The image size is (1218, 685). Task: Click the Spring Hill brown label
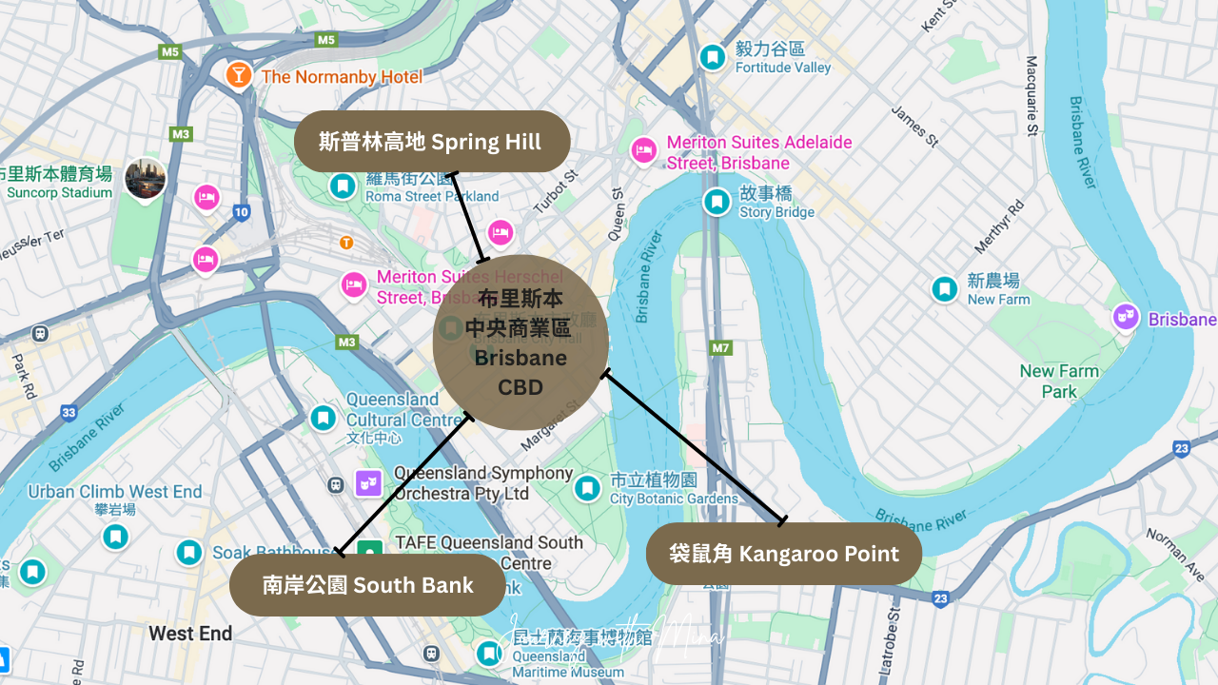click(x=431, y=142)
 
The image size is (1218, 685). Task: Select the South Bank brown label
click(x=367, y=585)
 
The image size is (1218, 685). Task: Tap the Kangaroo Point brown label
click(x=784, y=554)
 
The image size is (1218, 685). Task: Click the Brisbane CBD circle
click(x=521, y=342)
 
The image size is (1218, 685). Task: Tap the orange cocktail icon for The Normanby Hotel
click(x=239, y=74)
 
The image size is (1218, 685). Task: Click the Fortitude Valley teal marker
click(x=712, y=58)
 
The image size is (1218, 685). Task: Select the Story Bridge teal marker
click(x=717, y=202)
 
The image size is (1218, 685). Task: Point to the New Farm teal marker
click(x=944, y=289)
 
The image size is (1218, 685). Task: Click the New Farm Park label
click(x=1058, y=381)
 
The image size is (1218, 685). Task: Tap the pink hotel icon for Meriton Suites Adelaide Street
click(x=644, y=150)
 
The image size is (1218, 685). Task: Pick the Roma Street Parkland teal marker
click(x=343, y=186)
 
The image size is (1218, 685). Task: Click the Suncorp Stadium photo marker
click(x=145, y=179)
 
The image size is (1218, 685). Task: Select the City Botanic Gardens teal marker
click(x=587, y=489)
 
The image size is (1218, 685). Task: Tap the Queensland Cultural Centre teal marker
click(x=324, y=418)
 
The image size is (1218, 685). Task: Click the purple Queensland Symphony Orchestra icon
click(x=367, y=483)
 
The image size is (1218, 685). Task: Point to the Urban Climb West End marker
click(x=115, y=537)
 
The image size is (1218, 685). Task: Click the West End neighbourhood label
click(x=190, y=634)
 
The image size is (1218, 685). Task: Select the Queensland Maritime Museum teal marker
click(x=489, y=654)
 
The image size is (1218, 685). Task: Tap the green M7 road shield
click(x=720, y=347)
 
